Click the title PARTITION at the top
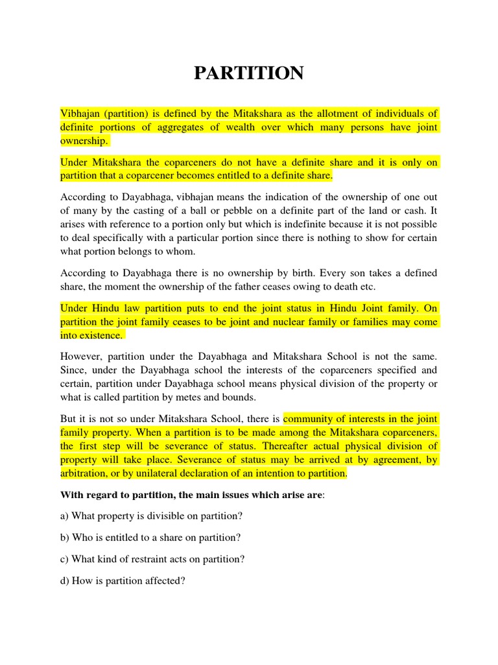tap(249, 73)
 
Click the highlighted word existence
tap(99, 336)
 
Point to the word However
tap(82, 356)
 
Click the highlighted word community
tap(310, 419)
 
